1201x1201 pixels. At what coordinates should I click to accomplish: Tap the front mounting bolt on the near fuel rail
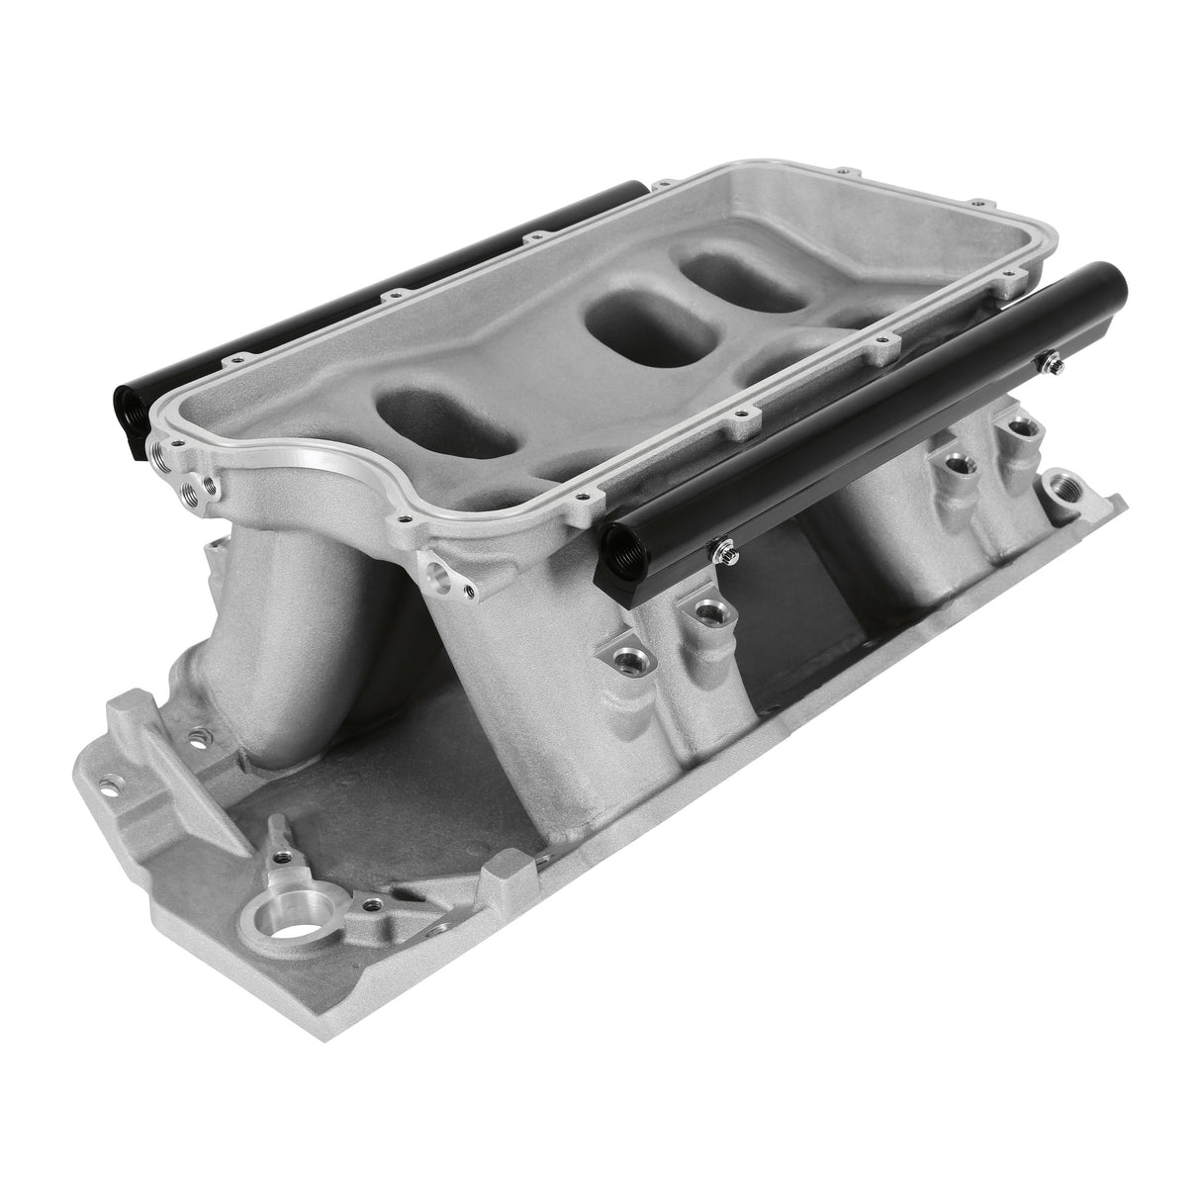726,544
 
